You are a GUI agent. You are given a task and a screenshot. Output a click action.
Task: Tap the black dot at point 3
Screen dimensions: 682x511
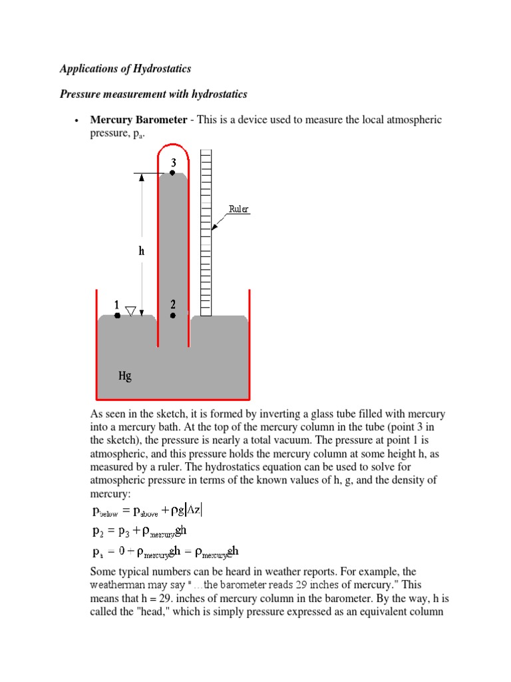click(172, 172)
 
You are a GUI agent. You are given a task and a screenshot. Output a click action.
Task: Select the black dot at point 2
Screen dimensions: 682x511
click(173, 316)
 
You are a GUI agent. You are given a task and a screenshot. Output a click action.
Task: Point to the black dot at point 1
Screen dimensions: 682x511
click(117, 316)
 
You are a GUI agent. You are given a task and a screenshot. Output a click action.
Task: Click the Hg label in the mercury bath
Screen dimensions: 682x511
click(125, 376)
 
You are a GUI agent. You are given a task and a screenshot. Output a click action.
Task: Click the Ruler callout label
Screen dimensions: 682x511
click(239, 209)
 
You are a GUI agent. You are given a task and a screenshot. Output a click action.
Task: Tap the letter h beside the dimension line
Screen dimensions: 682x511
click(141, 252)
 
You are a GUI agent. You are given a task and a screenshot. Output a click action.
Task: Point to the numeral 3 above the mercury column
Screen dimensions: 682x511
click(173, 163)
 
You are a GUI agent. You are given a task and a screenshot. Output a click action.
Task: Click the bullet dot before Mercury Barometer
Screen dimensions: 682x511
click(78, 121)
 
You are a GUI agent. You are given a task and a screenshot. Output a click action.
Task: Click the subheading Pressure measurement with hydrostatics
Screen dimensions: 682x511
click(154, 95)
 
